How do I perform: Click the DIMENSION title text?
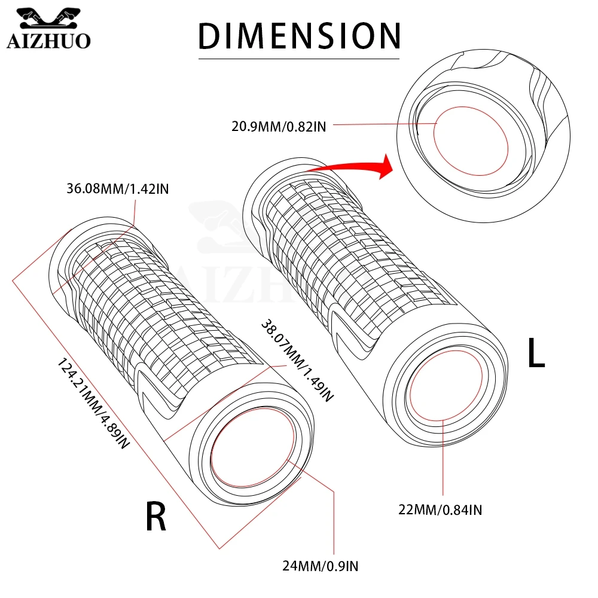[298, 35]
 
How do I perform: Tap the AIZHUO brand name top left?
[48, 40]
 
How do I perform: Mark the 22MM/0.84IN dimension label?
[441, 509]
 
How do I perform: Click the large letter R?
[155, 517]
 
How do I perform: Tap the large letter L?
[536, 353]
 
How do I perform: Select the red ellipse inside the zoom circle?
[470, 141]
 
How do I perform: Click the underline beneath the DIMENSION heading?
[298, 59]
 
